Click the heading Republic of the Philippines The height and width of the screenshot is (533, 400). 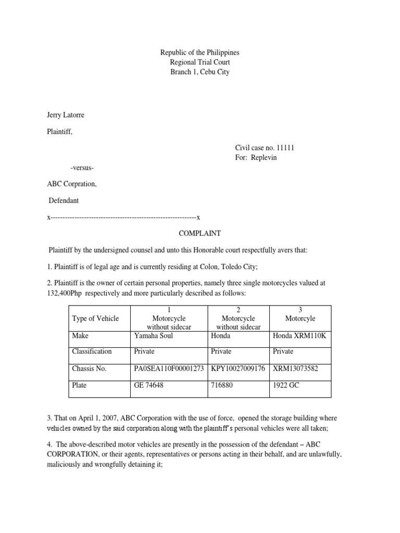pyautogui.click(x=199, y=53)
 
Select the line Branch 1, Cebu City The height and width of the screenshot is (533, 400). pyautogui.click(x=199, y=72)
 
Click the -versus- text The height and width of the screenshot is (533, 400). pyautogui.click(x=82, y=168)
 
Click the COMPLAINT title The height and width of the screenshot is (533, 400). pyautogui.click(x=200, y=234)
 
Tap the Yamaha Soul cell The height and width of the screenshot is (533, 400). pyautogui.click(x=154, y=336)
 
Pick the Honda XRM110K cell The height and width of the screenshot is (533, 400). pyautogui.click(x=299, y=336)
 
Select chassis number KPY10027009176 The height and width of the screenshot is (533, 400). pyautogui.click(x=238, y=369)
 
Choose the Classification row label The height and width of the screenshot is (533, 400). pyautogui.click(x=92, y=351)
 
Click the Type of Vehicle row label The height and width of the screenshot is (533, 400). pyautogui.click(x=95, y=319)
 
